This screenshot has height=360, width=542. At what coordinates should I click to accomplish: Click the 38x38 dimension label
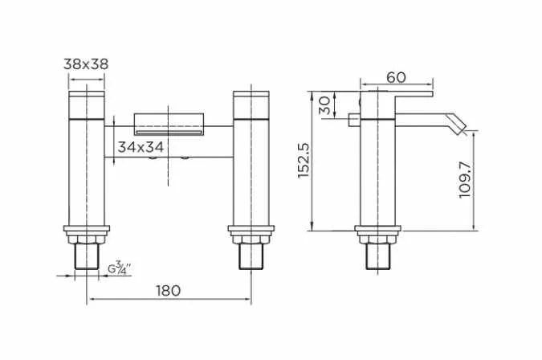pos(86,64)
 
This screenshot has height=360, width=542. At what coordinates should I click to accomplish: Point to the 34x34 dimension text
pos(142,147)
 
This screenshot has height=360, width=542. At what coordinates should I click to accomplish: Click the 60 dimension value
pos(396,77)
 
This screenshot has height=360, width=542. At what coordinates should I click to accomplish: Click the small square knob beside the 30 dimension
pos(353,121)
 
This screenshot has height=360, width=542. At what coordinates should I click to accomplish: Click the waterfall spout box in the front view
pos(170,123)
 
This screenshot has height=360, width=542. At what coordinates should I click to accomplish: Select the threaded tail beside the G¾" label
pos(86,257)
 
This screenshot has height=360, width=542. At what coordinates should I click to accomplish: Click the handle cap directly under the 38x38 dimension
pos(86,104)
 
